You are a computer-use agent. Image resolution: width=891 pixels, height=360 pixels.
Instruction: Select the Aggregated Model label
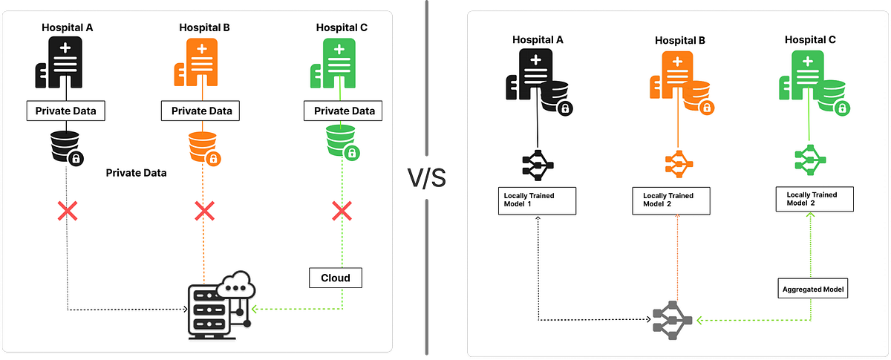pos(814,288)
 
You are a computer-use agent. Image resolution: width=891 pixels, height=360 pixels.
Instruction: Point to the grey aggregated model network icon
pos(673,321)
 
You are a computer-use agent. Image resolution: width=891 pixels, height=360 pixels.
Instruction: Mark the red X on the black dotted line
pos(68,212)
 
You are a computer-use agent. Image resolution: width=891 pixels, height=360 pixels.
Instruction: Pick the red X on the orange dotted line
pos(204,212)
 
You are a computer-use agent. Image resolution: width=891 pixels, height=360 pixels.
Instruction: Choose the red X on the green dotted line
pos(341,212)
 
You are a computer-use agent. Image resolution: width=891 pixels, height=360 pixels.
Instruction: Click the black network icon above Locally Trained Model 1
pos(536,164)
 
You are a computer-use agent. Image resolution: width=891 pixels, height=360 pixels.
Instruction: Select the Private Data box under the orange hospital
pos(197,111)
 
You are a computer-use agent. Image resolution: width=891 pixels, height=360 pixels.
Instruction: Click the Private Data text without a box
pos(136,172)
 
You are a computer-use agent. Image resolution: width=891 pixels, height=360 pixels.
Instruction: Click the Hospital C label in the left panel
pos(341,28)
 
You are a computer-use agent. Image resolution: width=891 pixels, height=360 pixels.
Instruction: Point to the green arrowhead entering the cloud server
pos(255,308)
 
